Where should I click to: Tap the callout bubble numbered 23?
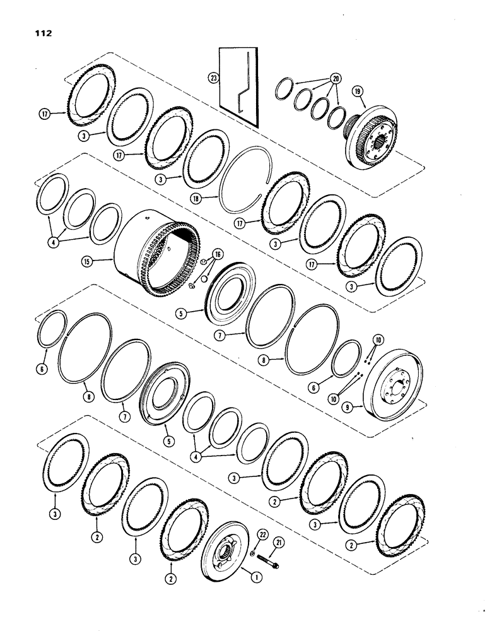[x=211, y=79]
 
